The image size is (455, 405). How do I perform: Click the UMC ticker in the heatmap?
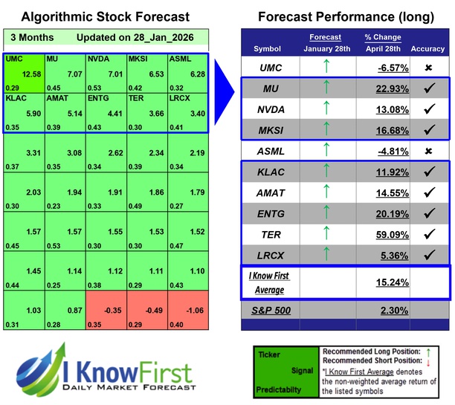coord(13,58)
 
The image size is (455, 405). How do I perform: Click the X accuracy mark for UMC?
coord(430,68)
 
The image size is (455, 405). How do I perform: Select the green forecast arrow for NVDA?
coord(323,109)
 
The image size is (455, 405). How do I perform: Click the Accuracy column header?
coord(429,48)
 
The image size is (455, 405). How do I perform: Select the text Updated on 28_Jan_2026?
coord(129,37)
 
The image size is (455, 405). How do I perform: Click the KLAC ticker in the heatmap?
coord(17,97)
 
